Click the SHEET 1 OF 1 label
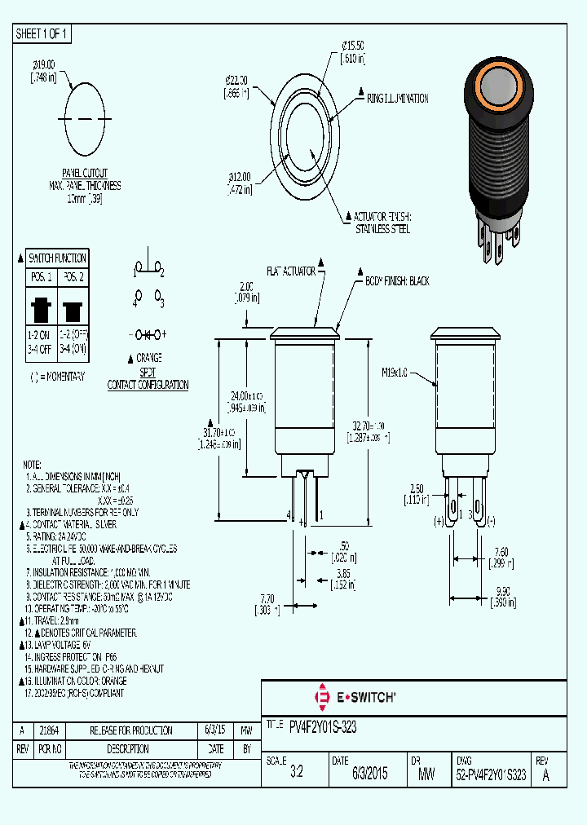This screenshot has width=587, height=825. (x=43, y=33)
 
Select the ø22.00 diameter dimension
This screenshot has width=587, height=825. (x=236, y=86)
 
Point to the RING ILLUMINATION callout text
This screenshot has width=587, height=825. (x=397, y=98)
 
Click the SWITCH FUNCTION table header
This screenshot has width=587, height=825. (x=58, y=257)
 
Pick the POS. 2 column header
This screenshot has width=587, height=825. (x=73, y=277)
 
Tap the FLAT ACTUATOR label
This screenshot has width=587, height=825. (x=290, y=271)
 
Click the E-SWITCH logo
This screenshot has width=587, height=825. (x=355, y=697)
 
